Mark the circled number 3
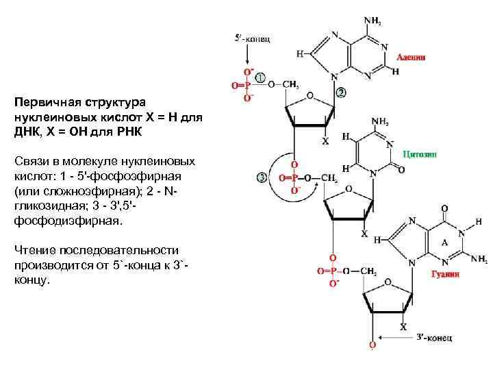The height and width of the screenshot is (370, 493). pos(262,178)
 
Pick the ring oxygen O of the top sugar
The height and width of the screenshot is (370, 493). pos(310,96)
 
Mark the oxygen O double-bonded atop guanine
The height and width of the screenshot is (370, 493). pos(446,208)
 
